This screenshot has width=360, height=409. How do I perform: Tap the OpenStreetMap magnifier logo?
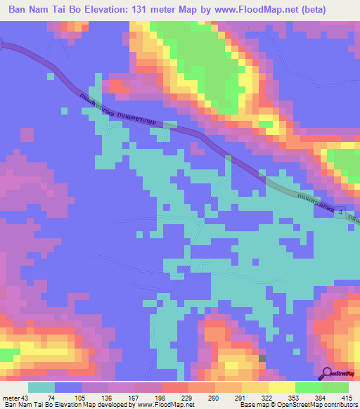328,374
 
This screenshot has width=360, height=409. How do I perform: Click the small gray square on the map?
262,358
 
